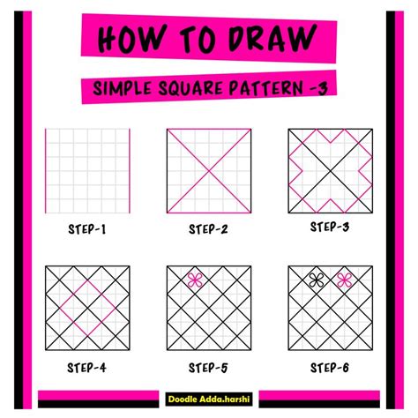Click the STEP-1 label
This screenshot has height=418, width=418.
point(87,230)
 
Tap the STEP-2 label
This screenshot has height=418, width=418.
point(208,230)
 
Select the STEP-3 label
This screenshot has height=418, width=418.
point(330,228)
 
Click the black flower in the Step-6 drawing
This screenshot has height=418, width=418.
point(316,280)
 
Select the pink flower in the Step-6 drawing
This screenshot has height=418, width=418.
point(344,280)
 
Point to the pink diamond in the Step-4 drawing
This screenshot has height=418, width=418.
point(87,309)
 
